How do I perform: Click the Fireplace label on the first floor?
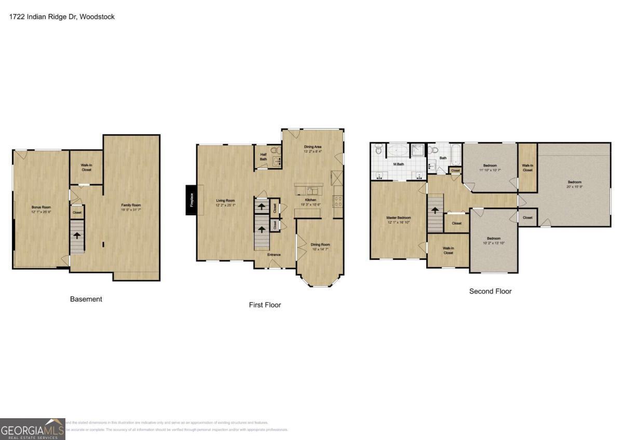pyautogui.click(x=192, y=200)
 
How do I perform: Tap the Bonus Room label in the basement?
pyautogui.click(x=40, y=207)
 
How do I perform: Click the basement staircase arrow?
pyautogui.click(x=77, y=235)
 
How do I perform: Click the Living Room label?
pyautogui.click(x=225, y=200)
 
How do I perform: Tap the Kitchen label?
pyautogui.click(x=311, y=200)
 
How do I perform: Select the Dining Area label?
pyautogui.click(x=313, y=147)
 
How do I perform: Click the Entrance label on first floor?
pyautogui.click(x=274, y=255)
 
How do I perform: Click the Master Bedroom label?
pyautogui.click(x=398, y=218)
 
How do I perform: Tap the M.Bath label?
pyautogui.click(x=398, y=164)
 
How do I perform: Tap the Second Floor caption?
pyautogui.click(x=490, y=292)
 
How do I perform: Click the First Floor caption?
pyautogui.click(x=265, y=305)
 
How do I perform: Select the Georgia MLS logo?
pyautogui.click(x=32, y=429)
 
